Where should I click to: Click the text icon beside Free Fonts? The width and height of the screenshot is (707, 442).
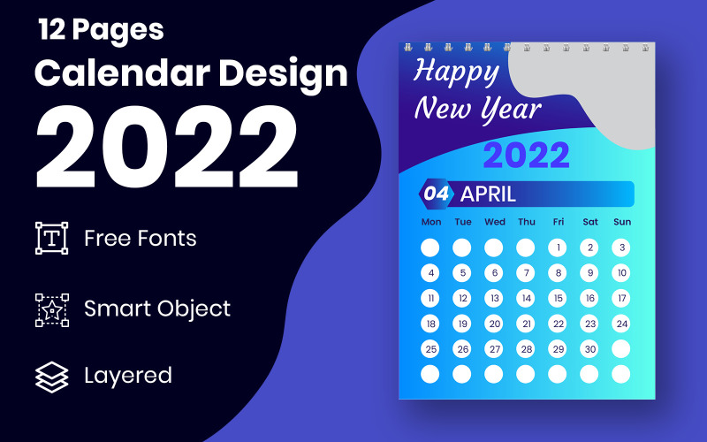pyautogui.click(x=51, y=239)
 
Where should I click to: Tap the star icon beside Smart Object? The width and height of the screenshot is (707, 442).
pyautogui.click(x=51, y=309)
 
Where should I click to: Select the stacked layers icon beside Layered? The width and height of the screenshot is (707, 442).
pyautogui.click(x=51, y=377)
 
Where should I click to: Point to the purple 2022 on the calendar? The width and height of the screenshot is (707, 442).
pyautogui.click(x=526, y=156)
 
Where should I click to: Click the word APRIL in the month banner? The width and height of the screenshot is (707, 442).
pyautogui.click(x=488, y=194)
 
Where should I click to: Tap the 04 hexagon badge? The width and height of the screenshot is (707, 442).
pyautogui.click(x=437, y=194)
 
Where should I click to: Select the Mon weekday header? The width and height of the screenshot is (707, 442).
pyautogui.click(x=431, y=222)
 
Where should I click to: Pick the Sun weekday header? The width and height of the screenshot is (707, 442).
pyautogui.click(x=622, y=222)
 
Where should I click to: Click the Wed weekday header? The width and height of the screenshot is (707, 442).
pyautogui.click(x=495, y=222)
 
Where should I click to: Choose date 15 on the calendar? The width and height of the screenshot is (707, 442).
pyautogui.click(x=558, y=298)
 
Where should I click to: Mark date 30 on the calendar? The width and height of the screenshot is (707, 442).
pyautogui.click(x=589, y=349)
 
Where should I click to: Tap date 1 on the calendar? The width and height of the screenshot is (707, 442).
pyautogui.click(x=558, y=248)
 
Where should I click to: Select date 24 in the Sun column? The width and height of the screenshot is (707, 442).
pyautogui.click(x=622, y=324)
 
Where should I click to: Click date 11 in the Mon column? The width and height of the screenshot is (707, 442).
pyautogui.click(x=430, y=298)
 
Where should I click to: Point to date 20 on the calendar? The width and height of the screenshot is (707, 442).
pyautogui.click(x=494, y=324)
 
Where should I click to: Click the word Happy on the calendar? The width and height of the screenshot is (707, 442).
pyautogui.click(x=456, y=71)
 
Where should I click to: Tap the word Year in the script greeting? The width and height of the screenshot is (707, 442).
pyautogui.click(x=511, y=110)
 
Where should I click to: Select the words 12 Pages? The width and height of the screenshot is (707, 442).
pyautogui.click(x=101, y=29)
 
